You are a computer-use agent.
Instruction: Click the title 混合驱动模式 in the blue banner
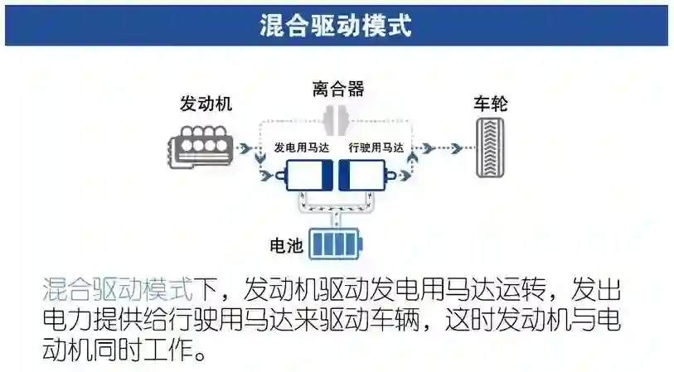[x=336, y=25]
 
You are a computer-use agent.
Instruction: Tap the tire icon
[x=490, y=147]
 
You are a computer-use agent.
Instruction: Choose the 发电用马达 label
[x=302, y=148]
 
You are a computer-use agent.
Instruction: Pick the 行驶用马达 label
[x=376, y=148]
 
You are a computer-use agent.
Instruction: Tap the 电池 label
[x=287, y=246]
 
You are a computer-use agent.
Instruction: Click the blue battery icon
[x=336, y=244]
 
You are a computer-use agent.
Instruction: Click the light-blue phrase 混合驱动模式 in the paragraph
[x=116, y=290]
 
